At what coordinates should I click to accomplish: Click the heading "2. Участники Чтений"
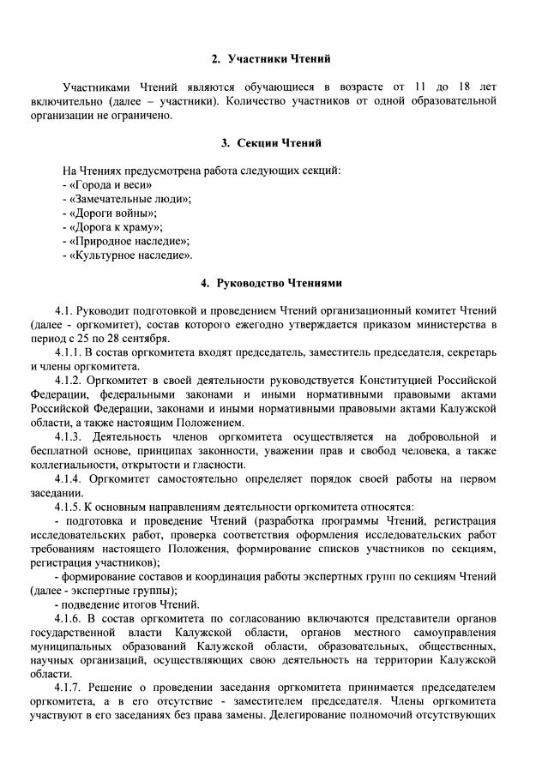[x=271, y=59]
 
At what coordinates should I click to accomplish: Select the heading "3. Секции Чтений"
[x=271, y=142]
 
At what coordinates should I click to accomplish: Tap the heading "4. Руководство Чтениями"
[x=271, y=282]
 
